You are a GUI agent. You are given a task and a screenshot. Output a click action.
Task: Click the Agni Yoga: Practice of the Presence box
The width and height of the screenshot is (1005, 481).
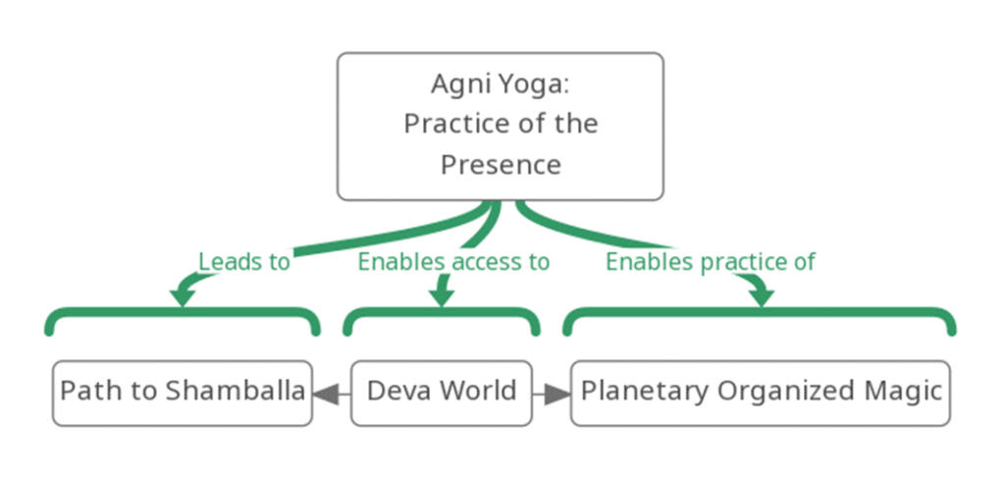(x=500, y=127)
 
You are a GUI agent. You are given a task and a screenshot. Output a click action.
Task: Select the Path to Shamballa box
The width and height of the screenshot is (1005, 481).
(x=183, y=393)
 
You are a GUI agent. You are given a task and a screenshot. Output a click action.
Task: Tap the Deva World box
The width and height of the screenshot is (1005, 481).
(x=441, y=393)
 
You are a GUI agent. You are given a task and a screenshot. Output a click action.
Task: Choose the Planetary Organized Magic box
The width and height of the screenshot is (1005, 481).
(x=761, y=393)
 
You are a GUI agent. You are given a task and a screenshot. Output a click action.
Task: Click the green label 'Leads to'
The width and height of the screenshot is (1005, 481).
(x=244, y=262)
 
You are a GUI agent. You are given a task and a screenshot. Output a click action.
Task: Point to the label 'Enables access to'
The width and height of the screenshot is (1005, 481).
(x=453, y=262)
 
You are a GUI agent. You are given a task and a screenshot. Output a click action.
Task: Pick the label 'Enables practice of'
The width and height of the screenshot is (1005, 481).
(x=711, y=262)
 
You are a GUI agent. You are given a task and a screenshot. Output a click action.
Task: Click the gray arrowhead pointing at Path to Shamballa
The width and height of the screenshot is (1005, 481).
(x=326, y=394)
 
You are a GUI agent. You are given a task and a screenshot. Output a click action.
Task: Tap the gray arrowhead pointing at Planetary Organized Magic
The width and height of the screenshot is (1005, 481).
(x=557, y=394)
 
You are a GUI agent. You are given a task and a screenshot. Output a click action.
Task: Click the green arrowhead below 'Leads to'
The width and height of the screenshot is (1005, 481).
(x=183, y=296)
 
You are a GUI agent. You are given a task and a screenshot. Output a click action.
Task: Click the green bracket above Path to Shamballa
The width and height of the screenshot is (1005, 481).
(x=183, y=312)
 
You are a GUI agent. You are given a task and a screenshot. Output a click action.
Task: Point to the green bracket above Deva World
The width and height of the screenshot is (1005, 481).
(x=441, y=312)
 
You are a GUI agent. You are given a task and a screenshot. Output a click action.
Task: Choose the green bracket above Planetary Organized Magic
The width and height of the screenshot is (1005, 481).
(x=761, y=312)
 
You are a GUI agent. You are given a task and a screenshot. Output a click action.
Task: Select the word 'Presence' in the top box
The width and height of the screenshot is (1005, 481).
(x=501, y=165)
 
